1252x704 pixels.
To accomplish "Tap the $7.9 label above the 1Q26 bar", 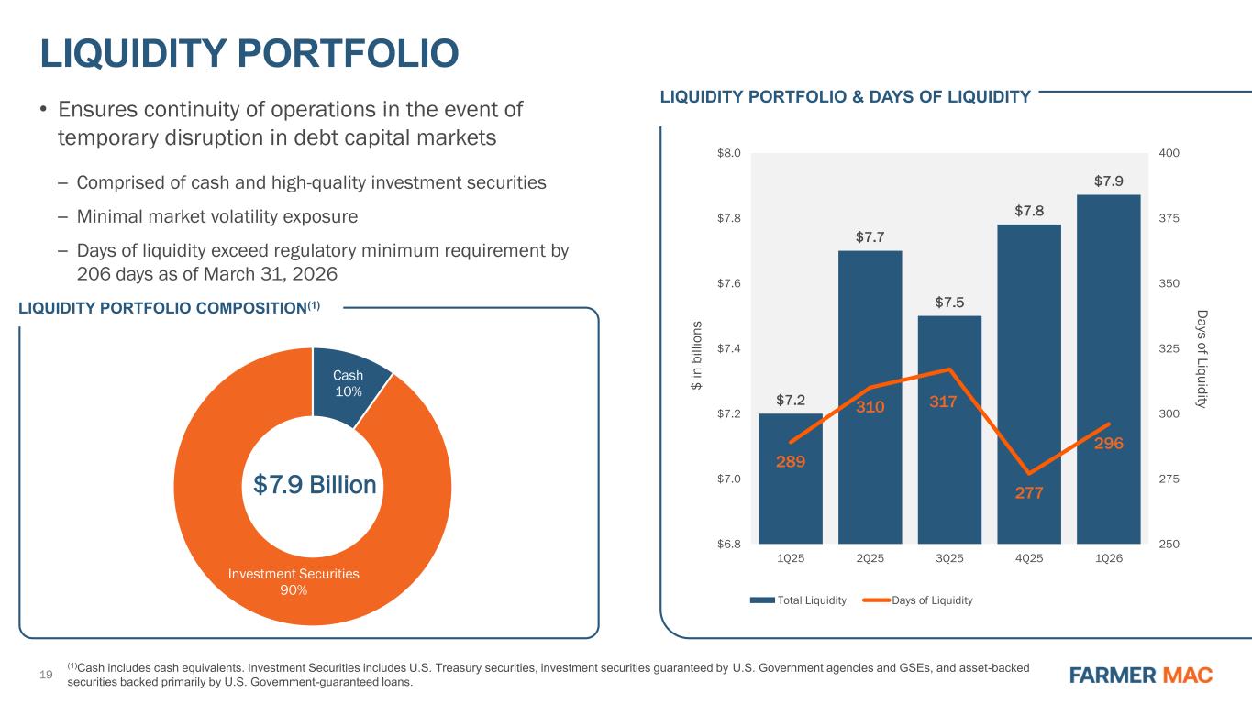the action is pyautogui.click(x=1108, y=181).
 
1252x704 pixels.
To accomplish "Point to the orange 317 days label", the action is pyautogui.click(x=943, y=401).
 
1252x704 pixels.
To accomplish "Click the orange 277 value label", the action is pyautogui.click(x=1029, y=493).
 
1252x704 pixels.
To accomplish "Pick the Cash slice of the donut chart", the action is pyautogui.click(x=348, y=383).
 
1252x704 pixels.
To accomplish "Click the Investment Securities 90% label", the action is pyautogui.click(x=294, y=582).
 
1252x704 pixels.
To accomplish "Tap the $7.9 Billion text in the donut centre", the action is pyautogui.click(x=315, y=484).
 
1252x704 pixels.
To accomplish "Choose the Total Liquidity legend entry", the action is pyautogui.click(x=798, y=600).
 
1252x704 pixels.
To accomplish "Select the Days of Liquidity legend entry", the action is pyautogui.click(x=917, y=600).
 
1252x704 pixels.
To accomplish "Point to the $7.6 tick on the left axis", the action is pyautogui.click(x=729, y=283).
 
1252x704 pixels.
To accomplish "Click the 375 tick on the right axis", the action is pyautogui.click(x=1169, y=218).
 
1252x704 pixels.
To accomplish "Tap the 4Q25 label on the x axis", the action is pyautogui.click(x=1029, y=558).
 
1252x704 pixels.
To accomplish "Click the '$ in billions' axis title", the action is pyautogui.click(x=696, y=356).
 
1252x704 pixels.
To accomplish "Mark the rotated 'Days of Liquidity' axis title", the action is pyautogui.click(x=1202, y=359).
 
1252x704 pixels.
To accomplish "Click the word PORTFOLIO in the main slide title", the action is pyautogui.click(x=348, y=54).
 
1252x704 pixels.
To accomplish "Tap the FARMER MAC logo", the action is pyautogui.click(x=1141, y=675).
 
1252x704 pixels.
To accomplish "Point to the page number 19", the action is pyautogui.click(x=46, y=675).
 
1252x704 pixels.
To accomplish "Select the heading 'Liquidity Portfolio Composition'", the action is pyautogui.click(x=169, y=308).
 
